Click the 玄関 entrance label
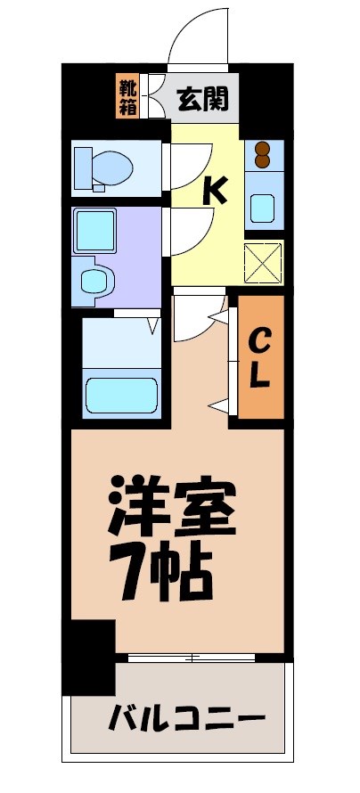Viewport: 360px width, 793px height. [x=202, y=98]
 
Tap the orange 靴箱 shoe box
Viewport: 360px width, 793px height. [x=127, y=98]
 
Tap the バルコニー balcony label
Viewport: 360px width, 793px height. [x=188, y=717]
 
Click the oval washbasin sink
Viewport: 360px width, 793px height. [x=93, y=282]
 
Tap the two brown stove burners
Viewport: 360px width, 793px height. [x=263, y=154]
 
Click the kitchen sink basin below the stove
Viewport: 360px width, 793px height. [x=263, y=207]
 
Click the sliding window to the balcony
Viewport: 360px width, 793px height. [x=192, y=658]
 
